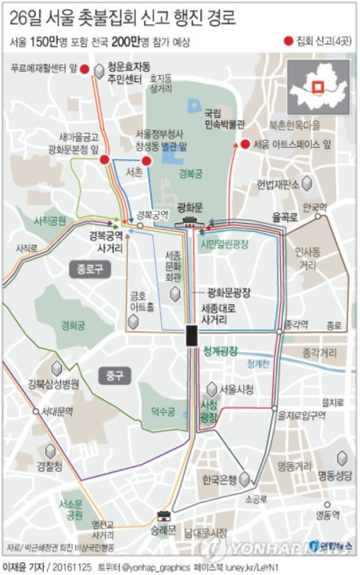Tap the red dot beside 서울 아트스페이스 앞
point(245,144)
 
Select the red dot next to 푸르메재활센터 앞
point(84,69)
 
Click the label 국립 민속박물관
point(215,118)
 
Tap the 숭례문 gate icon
point(163,516)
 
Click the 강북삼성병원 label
point(53,383)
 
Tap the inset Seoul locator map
point(318,87)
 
